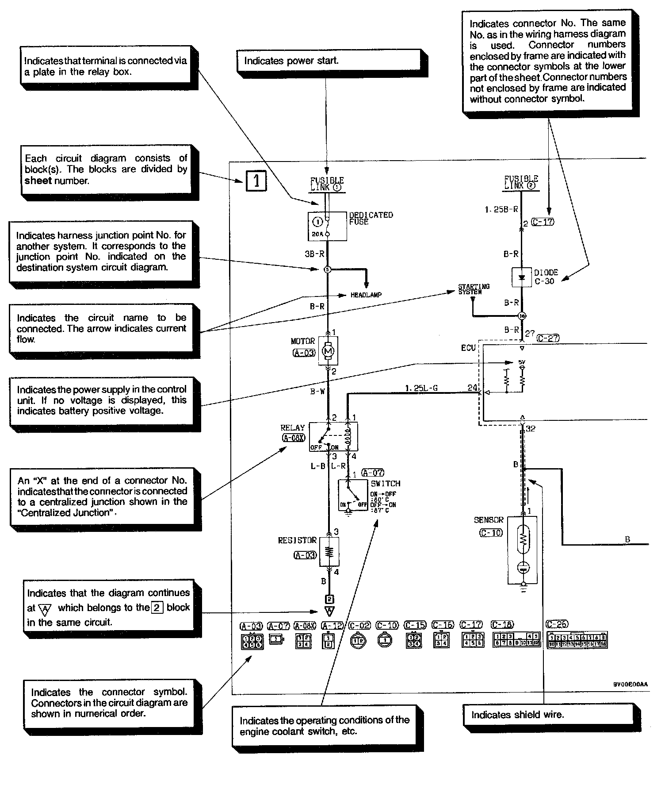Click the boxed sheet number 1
pos(256,181)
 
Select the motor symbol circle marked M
pos(328,351)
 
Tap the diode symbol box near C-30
pos(522,277)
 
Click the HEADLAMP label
pos(366,295)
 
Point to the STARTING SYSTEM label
pos(474,289)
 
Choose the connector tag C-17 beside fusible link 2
pos(542,222)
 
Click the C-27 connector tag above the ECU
pos(548,338)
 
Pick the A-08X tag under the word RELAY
pos(294,438)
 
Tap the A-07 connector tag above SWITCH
pos(373,473)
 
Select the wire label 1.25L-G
pos(421,388)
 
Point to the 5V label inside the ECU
pos(522,362)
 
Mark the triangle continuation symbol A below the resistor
pos(329,611)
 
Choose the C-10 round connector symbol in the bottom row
pos(386,640)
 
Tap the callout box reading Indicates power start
pos(329,61)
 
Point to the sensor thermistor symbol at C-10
pos(523,539)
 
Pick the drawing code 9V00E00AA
pos(630,684)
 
